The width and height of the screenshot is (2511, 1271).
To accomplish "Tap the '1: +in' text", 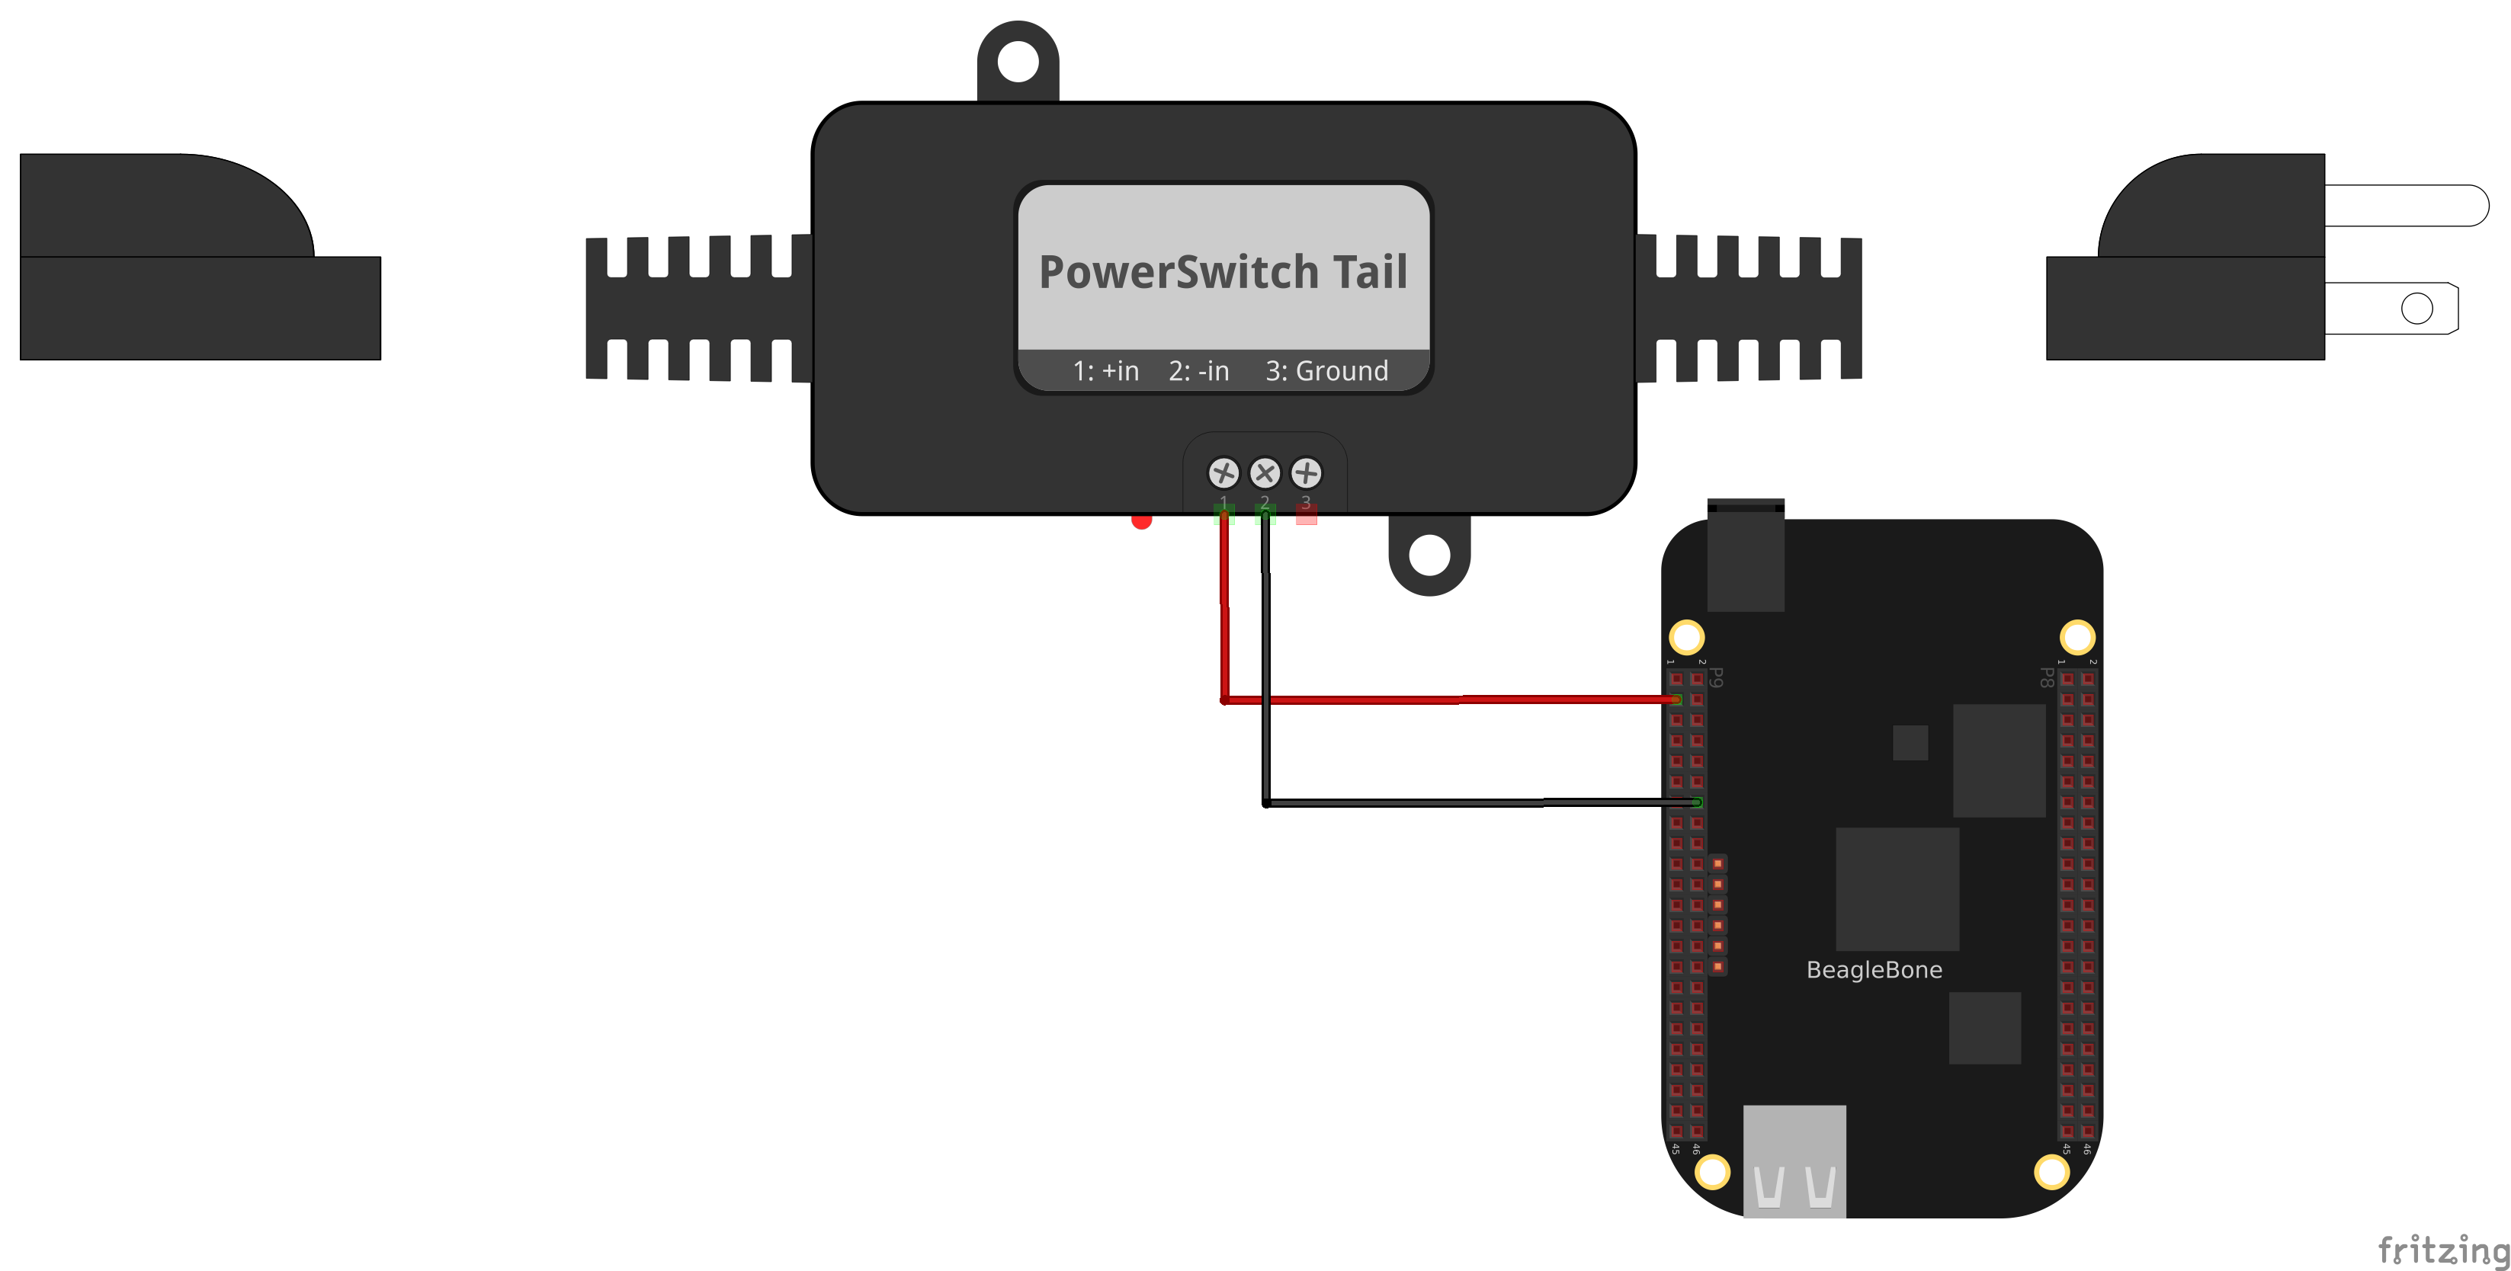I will click(1105, 371).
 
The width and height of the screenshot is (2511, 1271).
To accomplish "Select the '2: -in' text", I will click(1199, 371).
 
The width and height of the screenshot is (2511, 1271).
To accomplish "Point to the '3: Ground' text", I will click(1326, 371).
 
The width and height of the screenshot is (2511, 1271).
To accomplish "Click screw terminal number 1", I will click(1223, 474).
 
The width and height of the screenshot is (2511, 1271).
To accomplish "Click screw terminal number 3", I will click(1306, 474).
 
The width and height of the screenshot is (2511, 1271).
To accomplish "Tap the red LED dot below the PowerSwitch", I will click(1141, 520).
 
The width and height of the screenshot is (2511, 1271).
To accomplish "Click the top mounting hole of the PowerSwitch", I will click(1018, 62).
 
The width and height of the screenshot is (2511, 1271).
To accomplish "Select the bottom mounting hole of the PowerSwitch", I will click(1429, 555).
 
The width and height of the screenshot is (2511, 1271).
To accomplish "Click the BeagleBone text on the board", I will click(1874, 970).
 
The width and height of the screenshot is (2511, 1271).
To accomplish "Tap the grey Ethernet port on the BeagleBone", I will click(1794, 1160).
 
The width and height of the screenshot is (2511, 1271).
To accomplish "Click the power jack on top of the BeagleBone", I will click(1745, 555).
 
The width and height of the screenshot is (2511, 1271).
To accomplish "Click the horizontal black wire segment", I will click(1462, 803).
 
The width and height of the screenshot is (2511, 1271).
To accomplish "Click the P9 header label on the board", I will click(1717, 677).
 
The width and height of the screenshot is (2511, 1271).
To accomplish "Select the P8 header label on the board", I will click(2046, 677).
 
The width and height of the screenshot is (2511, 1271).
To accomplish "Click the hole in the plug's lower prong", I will click(2416, 309).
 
